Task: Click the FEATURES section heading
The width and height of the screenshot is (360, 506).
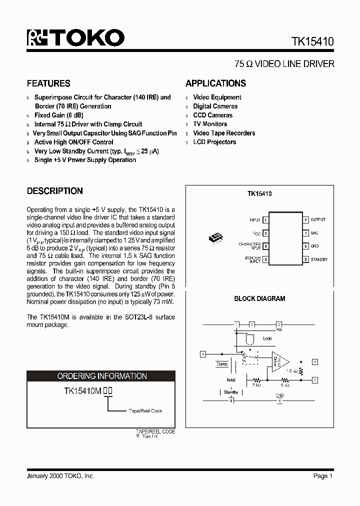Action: [x=48, y=83]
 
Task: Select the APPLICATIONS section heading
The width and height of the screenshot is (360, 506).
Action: [x=215, y=83]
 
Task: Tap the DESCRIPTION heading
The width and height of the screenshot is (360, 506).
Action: [x=54, y=191]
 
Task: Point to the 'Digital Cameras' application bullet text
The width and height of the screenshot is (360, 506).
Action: [x=215, y=106]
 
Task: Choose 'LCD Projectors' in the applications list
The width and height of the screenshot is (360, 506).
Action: [x=214, y=142]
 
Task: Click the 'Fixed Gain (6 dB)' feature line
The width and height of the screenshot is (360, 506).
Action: [x=58, y=115]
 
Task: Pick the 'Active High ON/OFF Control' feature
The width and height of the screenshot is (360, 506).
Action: [x=73, y=142]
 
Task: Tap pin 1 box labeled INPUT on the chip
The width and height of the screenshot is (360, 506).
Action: [x=265, y=220]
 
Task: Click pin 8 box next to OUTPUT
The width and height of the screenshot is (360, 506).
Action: [x=305, y=220]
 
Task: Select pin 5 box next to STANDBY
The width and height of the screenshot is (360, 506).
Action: [x=305, y=259]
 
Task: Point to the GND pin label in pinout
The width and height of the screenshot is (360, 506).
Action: [x=315, y=246]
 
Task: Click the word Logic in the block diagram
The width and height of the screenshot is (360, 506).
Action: [x=268, y=338]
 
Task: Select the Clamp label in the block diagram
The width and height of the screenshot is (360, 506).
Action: [x=221, y=364]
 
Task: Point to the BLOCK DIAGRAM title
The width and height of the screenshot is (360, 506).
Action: [x=259, y=298]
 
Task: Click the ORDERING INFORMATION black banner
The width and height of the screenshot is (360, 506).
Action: [x=101, y=376]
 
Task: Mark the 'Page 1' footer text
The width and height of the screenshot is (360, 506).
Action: [x=323, y=476]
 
